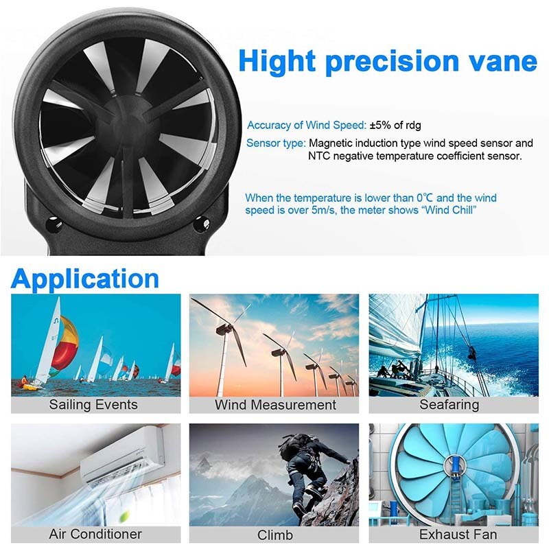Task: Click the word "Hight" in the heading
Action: [277, 62]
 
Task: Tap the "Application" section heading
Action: [85, 279]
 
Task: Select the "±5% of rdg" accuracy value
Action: [395, 125]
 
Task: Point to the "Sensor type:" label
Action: [276, 143]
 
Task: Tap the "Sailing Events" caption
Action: [93, 404]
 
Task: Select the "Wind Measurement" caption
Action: [275, 404]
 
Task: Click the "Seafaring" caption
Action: [449, 404]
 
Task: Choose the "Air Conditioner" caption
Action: [95, 533]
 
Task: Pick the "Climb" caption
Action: [275, 535]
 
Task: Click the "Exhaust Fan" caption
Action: [458, 533]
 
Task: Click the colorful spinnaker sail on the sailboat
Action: [66, 343]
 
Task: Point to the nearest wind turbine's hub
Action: [222, 329]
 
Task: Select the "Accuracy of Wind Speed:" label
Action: [307, 125]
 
